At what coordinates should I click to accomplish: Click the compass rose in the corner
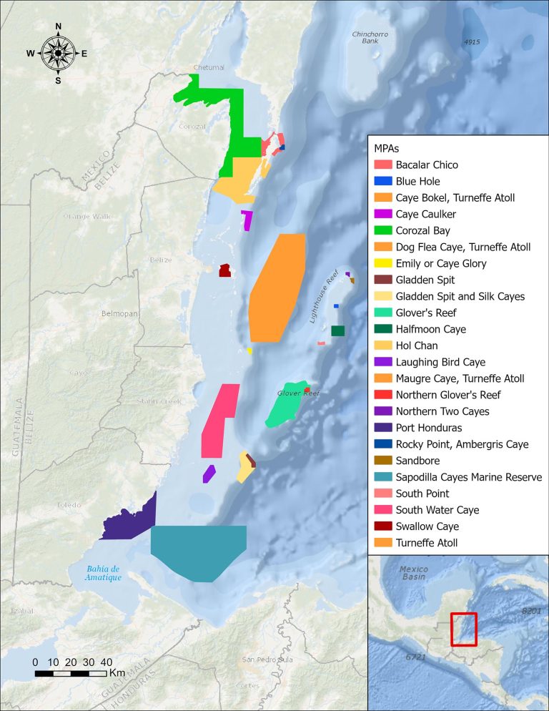point(58,53)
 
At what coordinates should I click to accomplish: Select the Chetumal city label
point(209,68)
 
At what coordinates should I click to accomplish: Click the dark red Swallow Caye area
point(224,270)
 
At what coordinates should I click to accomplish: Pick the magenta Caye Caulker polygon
point(247,220)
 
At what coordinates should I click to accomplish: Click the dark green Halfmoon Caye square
point(338,330)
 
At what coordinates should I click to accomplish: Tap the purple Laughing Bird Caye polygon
point(209,474)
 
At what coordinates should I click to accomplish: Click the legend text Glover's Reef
point(426,313)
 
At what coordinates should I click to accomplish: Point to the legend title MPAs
point(387,148)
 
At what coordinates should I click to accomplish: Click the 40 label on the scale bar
point(106,662)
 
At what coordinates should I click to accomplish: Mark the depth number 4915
point(472,42)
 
